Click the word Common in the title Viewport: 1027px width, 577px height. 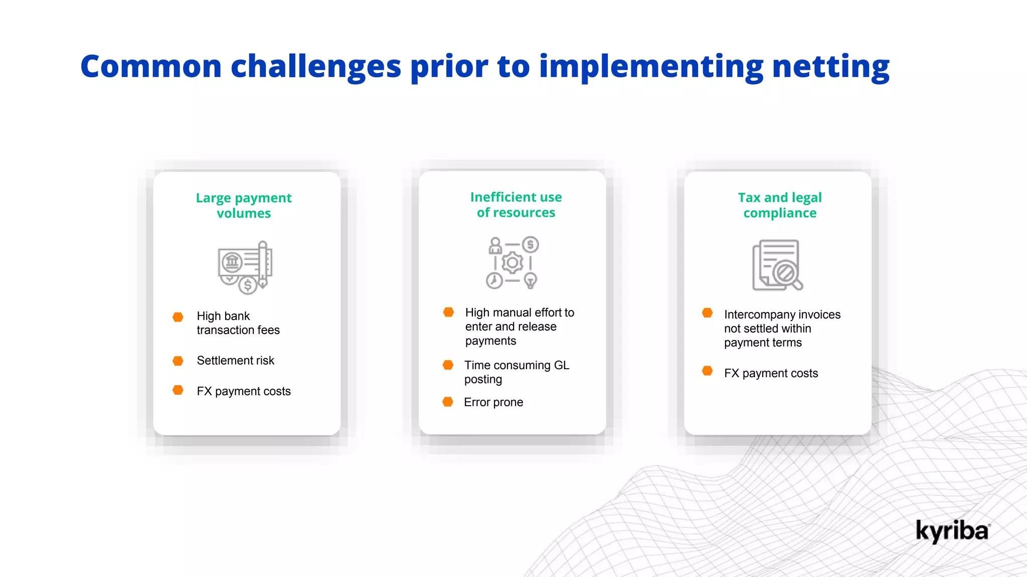click(151, 67)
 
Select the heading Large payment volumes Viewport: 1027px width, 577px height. click(244, 205)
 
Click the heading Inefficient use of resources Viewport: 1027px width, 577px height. click(516, 205)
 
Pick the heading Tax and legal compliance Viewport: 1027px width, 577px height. click(780, 205)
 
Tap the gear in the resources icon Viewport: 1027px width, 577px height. click(512, 262)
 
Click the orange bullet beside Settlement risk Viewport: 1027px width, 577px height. click(178, 361)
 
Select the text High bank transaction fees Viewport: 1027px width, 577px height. click(238, 323)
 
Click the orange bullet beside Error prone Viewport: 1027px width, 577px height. click(448, 402)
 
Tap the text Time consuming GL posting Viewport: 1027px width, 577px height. click(516, 372)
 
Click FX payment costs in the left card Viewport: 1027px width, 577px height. click(244, 391)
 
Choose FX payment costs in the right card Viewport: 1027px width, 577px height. click(771, 373)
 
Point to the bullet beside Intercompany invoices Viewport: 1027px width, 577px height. click(707, 313)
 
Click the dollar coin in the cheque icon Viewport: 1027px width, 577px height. click(247, 285)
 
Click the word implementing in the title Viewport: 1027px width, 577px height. click(650, 67)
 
